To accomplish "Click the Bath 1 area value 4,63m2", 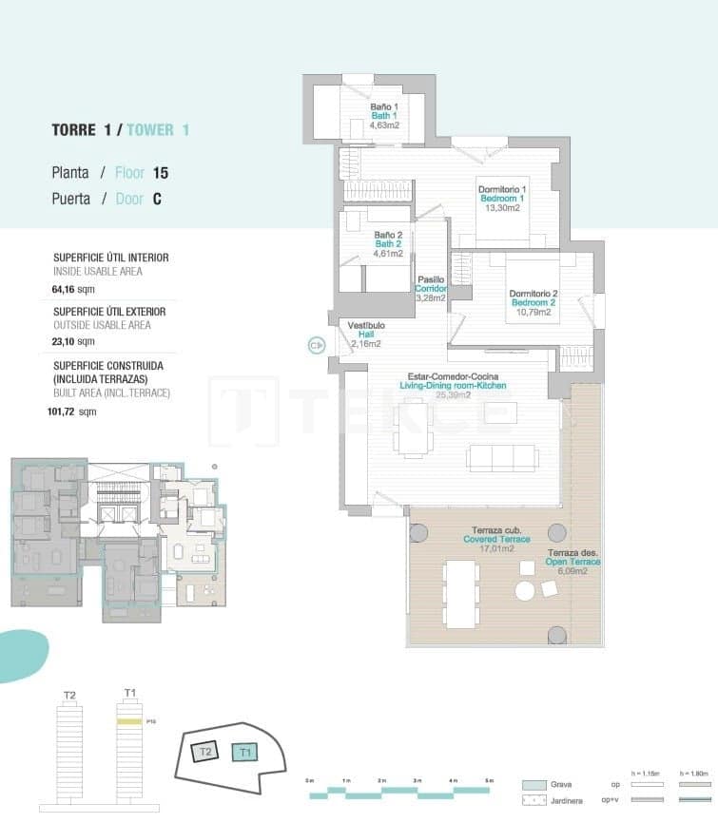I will coord(384,124).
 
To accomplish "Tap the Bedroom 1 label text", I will coord(502,199).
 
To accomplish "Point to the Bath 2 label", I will coord(388,243).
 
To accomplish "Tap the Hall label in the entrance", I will coord(365,334).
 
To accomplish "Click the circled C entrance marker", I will coord(316,346).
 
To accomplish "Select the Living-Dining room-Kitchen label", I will coord(452,385).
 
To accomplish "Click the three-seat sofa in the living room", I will coord(500,457).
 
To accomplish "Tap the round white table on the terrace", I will coord(526,591).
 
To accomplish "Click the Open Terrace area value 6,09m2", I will coord(572,571).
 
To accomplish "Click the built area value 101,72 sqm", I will coord(75,411).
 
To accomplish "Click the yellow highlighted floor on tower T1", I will coord(130,722).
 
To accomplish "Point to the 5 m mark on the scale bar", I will coord(488,780).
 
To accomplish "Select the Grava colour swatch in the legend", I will coord(534,786).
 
